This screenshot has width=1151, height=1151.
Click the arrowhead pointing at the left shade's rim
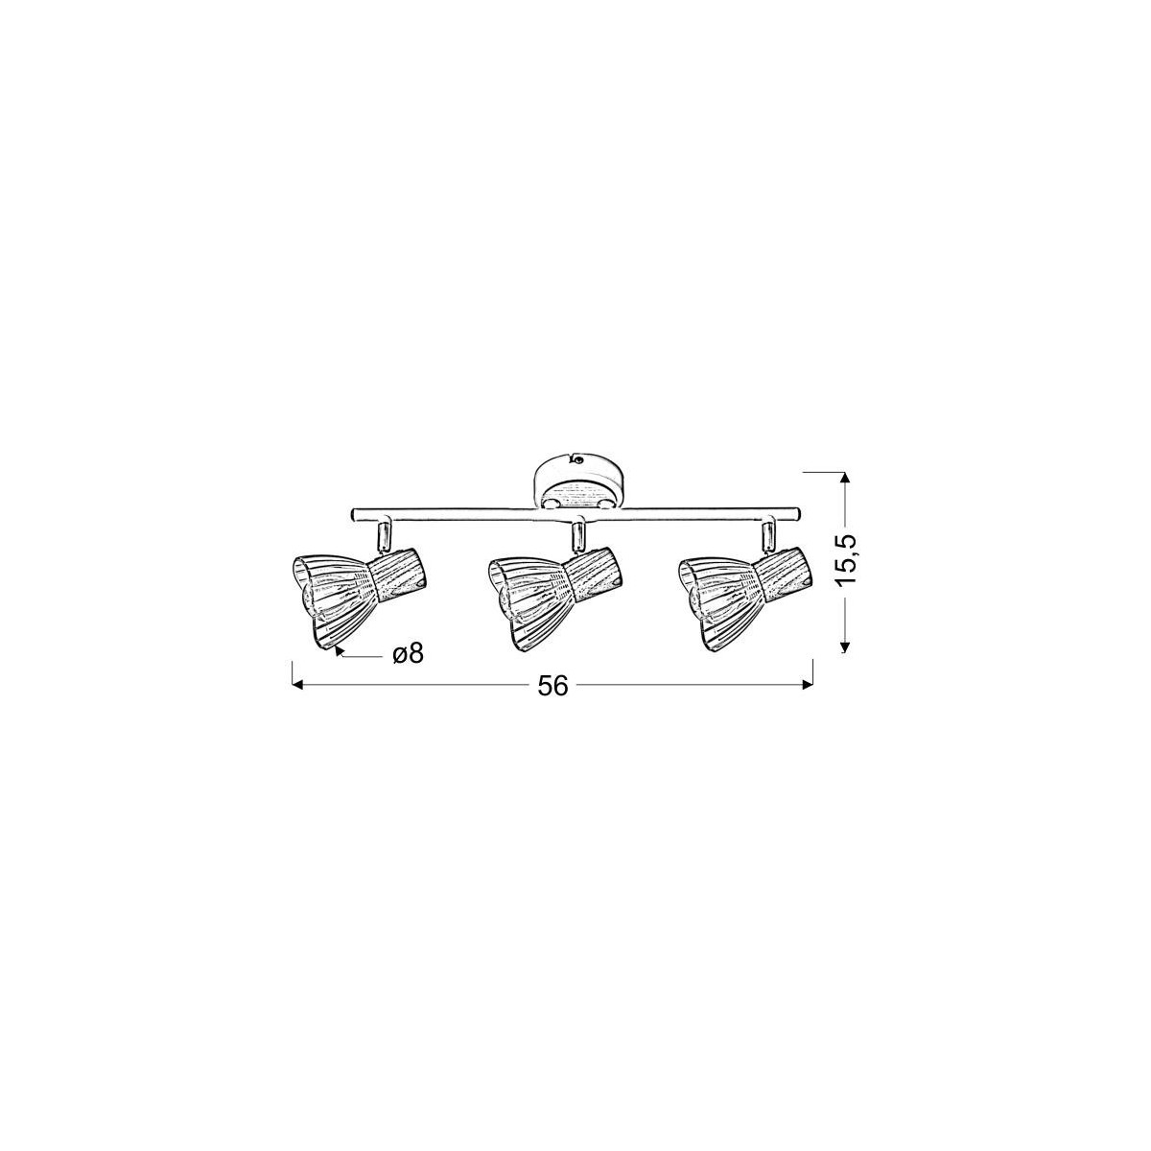[340, 651]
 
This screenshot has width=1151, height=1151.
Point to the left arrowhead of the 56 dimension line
[296, 686]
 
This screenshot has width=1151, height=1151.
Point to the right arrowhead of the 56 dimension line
[808, 686]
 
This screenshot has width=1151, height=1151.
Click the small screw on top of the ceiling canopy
[577, 459]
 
